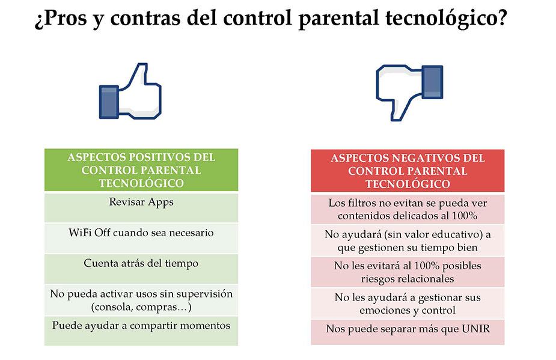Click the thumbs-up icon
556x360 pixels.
130,91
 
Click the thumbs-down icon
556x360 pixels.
409,92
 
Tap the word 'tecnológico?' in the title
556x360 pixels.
446,18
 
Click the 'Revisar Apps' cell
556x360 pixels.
141,207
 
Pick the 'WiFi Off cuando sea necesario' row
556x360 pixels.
141,238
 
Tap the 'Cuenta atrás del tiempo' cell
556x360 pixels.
141,269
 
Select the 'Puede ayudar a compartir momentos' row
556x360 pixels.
141,331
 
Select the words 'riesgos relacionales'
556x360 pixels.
408,279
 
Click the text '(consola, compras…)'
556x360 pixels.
141,307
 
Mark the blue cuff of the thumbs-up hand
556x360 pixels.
109,102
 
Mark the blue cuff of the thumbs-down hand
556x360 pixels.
433,82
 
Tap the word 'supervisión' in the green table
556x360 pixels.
204,294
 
